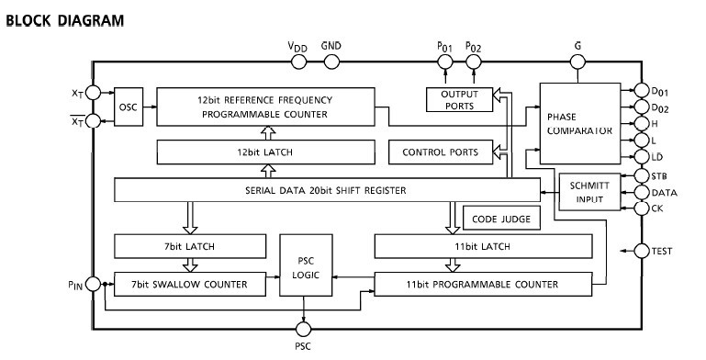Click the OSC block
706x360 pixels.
tap(126, 107)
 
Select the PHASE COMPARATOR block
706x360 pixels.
tap(578, 124)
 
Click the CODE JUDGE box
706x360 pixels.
tap(500, 219)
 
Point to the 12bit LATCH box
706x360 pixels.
tap(267, 151)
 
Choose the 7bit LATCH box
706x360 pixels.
tap(188, 246)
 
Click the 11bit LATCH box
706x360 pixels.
tap(482, 246)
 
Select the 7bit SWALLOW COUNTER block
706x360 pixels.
tap(188, 284)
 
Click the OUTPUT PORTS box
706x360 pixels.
tap(459, 99)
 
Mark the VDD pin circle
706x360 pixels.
tap(298, 62)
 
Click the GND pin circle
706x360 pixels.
tap(329, 62)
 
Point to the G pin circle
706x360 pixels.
tap(577, 62)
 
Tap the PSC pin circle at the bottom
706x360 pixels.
tap(303, 326)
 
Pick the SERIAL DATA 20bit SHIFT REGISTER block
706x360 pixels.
tap(326, 190)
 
